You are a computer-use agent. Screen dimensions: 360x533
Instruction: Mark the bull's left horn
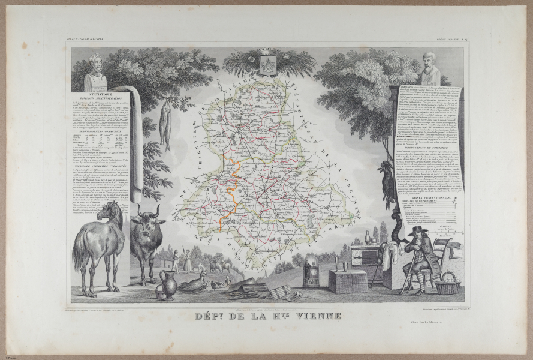tap(140, 211)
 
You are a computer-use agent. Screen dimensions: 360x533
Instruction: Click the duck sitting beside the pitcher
tap(195, 282)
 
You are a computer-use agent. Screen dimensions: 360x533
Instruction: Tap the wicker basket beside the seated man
tap(447, 283)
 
